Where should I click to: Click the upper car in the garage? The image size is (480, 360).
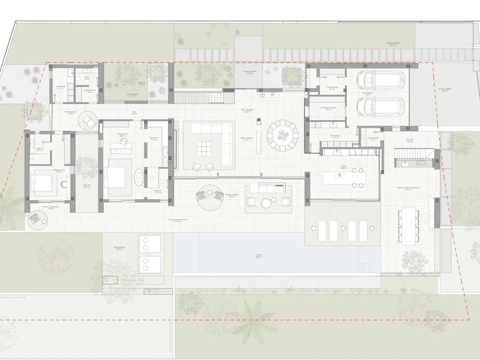click(x=381, y=80)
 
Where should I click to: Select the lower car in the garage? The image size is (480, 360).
click(x=381, y=108)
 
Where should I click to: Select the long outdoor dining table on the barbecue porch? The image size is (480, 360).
click(x=408, y=226)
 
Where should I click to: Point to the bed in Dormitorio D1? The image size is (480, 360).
click(x=115, y=176)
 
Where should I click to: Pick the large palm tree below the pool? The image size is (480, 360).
click(x=256, y=314)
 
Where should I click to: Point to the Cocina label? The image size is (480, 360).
click(x=344, y=166)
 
